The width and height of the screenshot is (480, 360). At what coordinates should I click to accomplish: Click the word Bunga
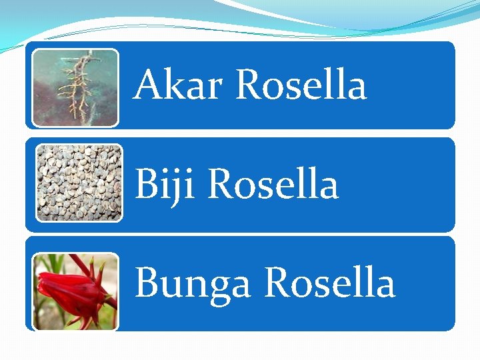(x=192, y=283)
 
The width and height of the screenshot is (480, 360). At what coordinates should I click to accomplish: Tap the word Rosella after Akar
(x=301, y=85)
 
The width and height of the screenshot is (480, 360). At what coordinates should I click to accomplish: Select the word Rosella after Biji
(x=273, y=184)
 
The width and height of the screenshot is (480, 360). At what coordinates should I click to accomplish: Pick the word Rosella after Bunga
(x=329, y=283)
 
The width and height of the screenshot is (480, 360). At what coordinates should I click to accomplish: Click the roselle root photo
(x=75, y=87)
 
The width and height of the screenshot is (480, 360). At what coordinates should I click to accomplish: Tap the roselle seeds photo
(x=79, y=182)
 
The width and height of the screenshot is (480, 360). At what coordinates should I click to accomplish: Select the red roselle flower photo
(x=75, y=291)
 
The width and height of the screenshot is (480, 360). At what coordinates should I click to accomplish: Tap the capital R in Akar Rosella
(x=249, y=85)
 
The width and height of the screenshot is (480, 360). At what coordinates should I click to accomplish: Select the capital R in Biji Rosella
(x=221, y=184)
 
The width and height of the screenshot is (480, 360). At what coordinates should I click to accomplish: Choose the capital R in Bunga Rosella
(x=277, y=283)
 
